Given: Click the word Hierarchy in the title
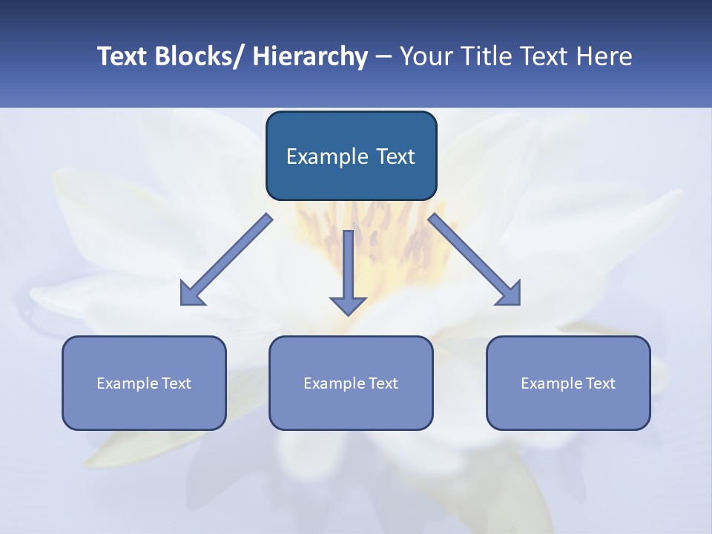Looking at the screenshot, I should [310, 56].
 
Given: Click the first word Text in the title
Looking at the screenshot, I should [122, 56].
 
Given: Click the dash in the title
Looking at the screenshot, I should [383, 56].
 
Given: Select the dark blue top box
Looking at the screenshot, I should [351, 156].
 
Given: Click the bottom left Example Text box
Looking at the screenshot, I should [144, 383].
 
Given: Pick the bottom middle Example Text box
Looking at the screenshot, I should [351, 383].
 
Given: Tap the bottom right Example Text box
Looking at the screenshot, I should [568, 383].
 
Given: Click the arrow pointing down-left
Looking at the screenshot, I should [227, 260].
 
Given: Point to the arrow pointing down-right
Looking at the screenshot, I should [475, 260].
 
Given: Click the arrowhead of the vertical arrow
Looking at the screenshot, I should [348, 305].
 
